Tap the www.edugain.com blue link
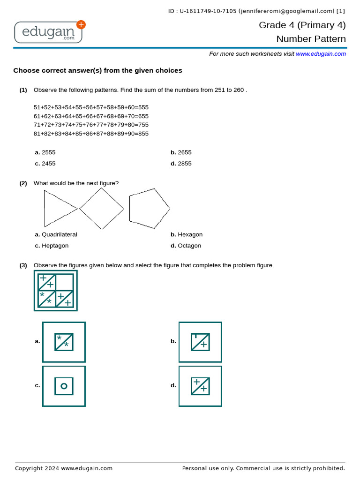(x=321, y=54)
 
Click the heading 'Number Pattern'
(x=311, y=39)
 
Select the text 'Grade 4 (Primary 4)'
(x=302, y=25)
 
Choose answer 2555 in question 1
(x=48, y=152)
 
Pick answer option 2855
(x=184, y=164)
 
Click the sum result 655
(x=143, y=116)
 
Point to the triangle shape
(x=57, y=208)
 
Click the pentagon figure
(x=149, y=209)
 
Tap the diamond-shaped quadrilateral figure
(x=101, y=209)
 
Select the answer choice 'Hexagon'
(x=190, y=234)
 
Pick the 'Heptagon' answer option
(x=55, y=246)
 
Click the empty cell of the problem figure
(x=65, y=282)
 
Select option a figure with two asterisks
(x=64, y=342)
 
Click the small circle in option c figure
(x=64, y=386)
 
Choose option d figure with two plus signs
(x=200, y=386)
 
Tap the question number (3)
(x=23, y=265)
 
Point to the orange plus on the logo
(x=81, y=25)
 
